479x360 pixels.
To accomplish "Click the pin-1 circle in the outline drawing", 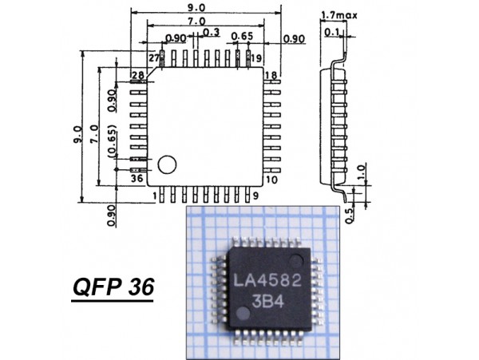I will (166, 164).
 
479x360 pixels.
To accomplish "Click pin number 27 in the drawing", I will (154, 58).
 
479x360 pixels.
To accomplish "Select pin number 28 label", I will (138, 74).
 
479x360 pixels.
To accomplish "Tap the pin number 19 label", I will (256, 58).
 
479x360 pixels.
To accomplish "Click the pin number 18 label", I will (271, 74).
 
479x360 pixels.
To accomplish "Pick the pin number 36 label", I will (138, 178).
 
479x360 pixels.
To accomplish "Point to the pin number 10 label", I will (272, 180).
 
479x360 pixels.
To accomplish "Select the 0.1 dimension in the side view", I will (331, 32).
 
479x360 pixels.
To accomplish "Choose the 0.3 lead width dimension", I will (212, 32).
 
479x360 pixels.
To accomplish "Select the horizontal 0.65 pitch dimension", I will (242, 37).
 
